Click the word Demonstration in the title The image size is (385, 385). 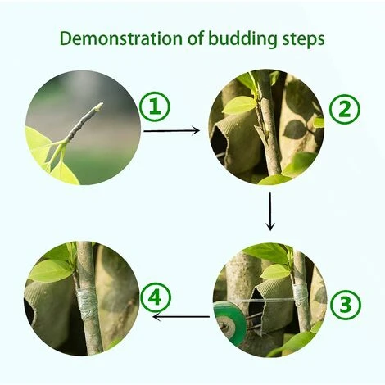pyautogui.click(x=121, y=38)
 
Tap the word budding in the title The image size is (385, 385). pyautogui.click(x=242, y=39)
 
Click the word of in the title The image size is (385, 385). pyautogui.click(x=195, y=38)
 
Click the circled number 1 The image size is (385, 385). pyautogui.click(x=155, y=106)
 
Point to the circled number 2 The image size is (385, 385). pyautogui.click(x=345, y=109)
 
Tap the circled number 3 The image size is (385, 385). pyautogui.click(x=346, y=305)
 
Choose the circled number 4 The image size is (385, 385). pyautogui.click(x=156, y=297)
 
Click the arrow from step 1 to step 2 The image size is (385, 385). pyautogui.click(x=171, y=131)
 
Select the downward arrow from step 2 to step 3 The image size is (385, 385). pyautogui.click(x=270, y=211)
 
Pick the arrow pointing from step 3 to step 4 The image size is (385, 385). pyautogui.click(x=181, y=317)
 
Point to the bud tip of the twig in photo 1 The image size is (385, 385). pyautogui.click(x=100, y=106)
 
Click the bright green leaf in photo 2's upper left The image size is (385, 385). pyautogui.click(x=238, y=105)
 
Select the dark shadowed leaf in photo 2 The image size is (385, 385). pyautogui.click(x=296, y=129)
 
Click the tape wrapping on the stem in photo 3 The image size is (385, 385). pyautogui.click(x=301, y=296)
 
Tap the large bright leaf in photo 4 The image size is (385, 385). pyautogui.click(x=51, y=270)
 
